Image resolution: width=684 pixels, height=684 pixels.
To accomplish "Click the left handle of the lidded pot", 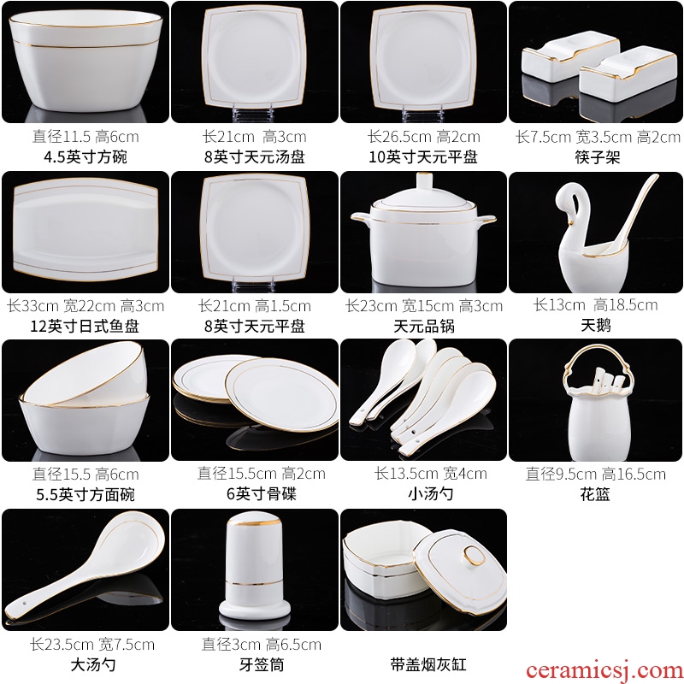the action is (360, 218).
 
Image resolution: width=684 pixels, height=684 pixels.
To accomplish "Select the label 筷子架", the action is (597, 157).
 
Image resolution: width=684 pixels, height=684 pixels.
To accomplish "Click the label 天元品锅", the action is (423, 326).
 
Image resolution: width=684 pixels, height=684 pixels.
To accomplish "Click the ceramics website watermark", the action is (604, 671).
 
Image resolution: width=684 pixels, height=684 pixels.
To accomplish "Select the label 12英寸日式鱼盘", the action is (85, 326).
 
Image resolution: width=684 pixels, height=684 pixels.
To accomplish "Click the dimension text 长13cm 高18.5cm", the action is (595, 305).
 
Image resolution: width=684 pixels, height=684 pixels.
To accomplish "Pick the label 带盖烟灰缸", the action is (428, 664).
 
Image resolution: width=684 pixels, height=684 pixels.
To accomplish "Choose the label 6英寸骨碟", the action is (261, 494).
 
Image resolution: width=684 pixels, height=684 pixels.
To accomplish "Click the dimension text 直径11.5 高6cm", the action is (85, 137).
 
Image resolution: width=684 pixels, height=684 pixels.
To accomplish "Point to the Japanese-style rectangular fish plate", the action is (85, 229).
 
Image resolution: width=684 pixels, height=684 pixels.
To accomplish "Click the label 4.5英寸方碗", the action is (85, 157).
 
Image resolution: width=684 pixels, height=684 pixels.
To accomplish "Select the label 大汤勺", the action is (93, 664).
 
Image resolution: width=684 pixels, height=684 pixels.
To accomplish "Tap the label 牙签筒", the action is (262, 664).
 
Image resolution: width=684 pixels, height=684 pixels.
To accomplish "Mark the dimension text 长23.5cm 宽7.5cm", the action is (92, 645).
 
